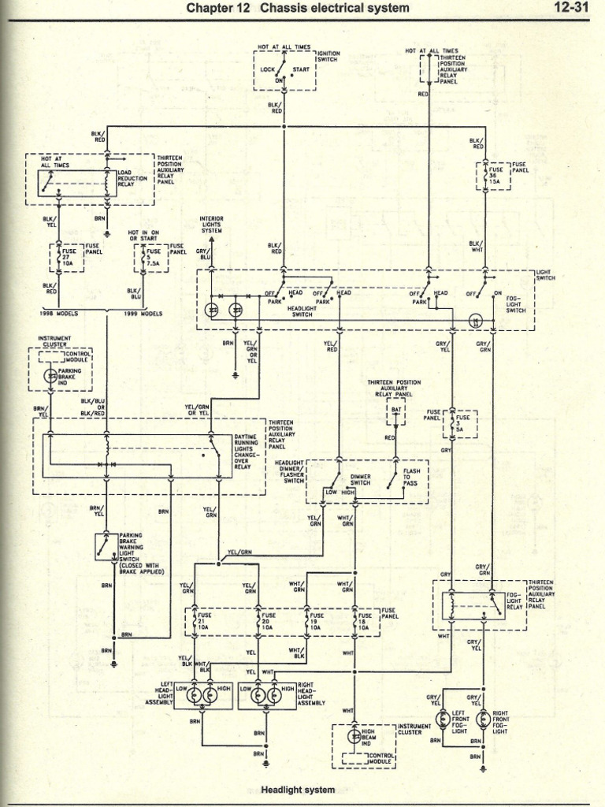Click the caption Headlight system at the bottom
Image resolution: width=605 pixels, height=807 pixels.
tap(298, 790)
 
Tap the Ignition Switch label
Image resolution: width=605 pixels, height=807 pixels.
tap(328, 56)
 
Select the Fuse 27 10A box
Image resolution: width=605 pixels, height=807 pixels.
tap(68, 257)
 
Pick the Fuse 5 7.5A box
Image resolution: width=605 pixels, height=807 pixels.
tap(151, 257)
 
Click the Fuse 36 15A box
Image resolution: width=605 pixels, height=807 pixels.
tap(493, 174)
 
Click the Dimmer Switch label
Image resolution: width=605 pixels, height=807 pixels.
tap(360, 480)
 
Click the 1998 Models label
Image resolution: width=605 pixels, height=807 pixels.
tap(56, 313)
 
